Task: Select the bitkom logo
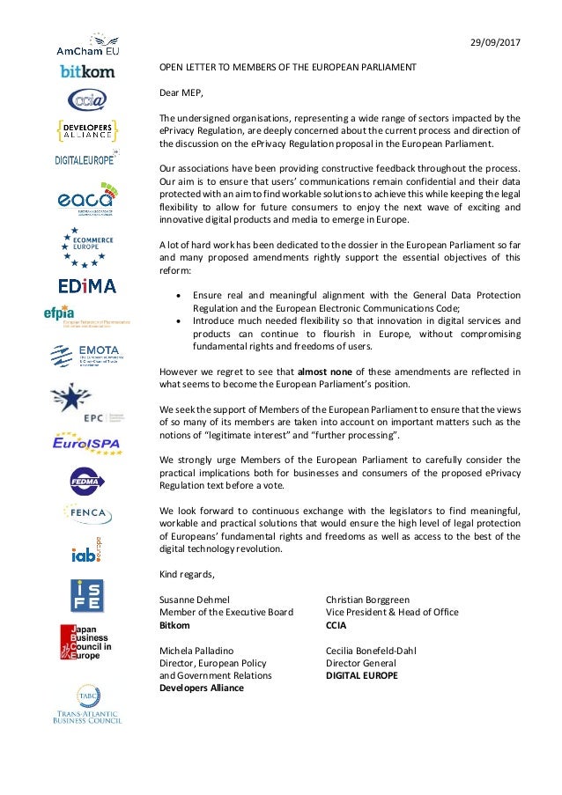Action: pos(86,70)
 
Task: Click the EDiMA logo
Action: pos(86,286)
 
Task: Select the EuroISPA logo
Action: pos(86,442)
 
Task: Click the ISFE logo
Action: pos(86,595)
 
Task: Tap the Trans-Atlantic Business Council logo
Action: pos(86,704)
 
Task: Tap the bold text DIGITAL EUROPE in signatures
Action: pos(361,676)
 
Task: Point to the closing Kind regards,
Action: pos(186,574)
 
